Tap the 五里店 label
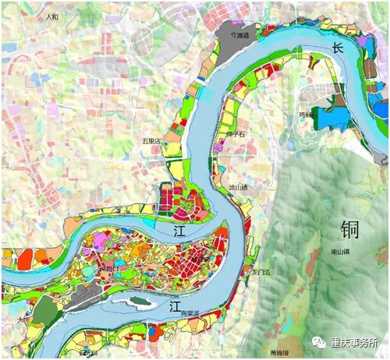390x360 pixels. (151, 141)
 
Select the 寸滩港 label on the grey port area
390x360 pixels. (234, 36)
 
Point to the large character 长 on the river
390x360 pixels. (338, 48)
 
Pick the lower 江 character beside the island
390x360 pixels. (177, 310)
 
